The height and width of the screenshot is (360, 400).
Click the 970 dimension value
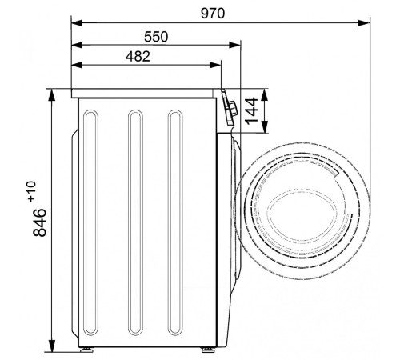click(x=213, y=14)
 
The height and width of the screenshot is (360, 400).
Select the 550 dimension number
click(x=156, y=37)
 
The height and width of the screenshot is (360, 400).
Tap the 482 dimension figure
click(x=138, y=57)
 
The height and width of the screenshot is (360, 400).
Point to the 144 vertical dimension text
click(x=251, y=111)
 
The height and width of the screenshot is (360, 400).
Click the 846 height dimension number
click(x=39, y=222)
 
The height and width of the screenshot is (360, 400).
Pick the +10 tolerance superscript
click(x=31, y=191)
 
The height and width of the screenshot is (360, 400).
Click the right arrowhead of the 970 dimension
click(x=365, y=23)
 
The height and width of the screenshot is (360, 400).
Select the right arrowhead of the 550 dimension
click(x=235, y=45)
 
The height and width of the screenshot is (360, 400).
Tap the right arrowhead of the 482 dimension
click(x=215, y=65)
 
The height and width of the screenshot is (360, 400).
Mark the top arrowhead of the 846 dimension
click(x=51, y=94)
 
